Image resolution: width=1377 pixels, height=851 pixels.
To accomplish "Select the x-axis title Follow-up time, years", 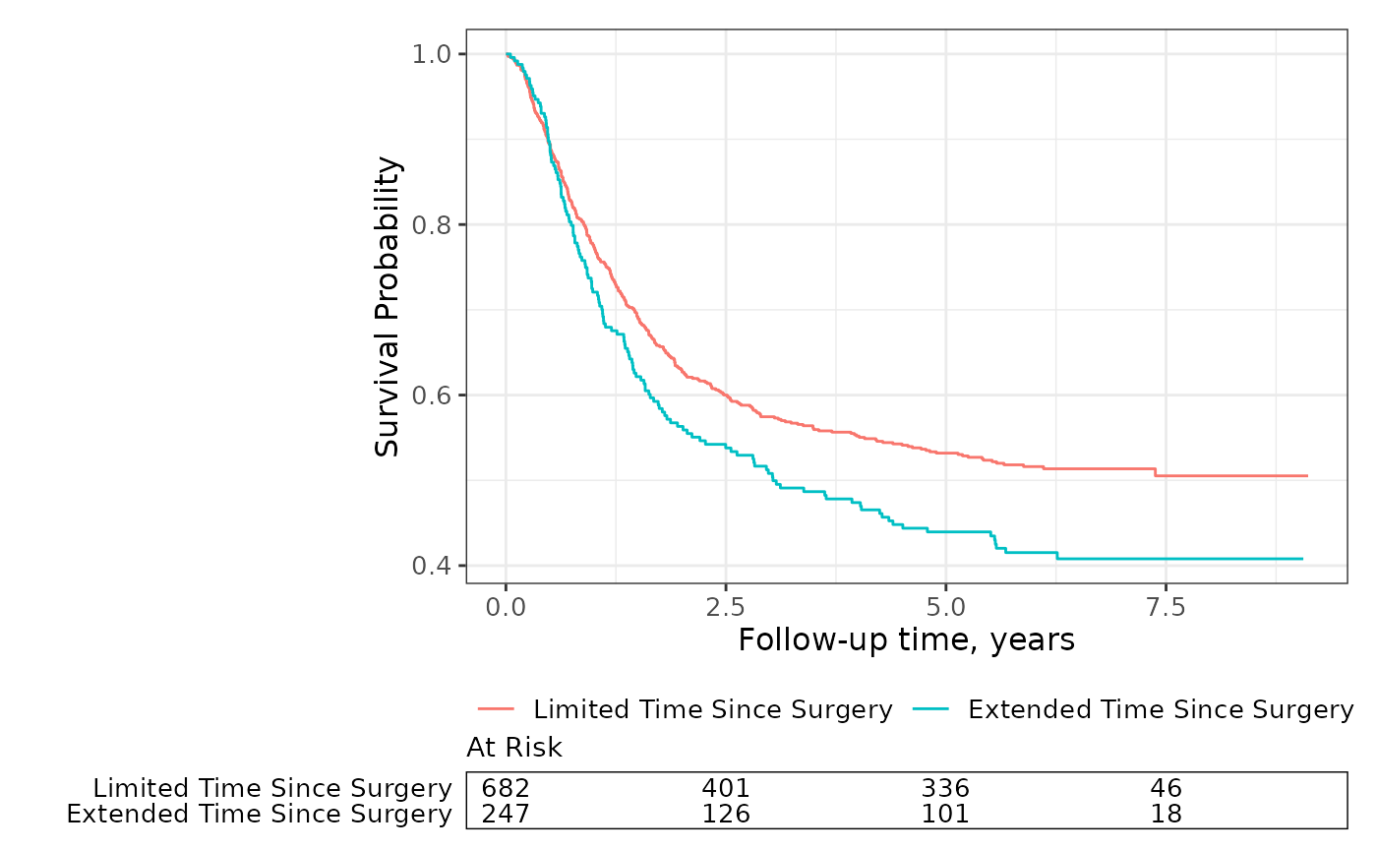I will click(906, 640).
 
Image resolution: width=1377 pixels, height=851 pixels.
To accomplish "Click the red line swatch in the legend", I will click(498, 709).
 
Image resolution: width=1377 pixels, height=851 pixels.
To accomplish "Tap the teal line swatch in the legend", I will click(932, 709).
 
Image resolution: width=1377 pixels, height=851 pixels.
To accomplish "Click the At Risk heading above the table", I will click(514, 749).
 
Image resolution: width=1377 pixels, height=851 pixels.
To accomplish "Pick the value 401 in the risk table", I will click(726, 789).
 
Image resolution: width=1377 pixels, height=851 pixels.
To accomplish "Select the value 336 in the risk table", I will click(945, 789).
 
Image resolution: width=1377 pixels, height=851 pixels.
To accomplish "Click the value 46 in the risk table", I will click(1166, 789).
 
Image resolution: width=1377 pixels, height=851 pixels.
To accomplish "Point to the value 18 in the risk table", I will click(1166, 815).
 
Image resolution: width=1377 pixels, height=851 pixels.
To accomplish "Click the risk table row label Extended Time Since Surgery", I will click(259, 815).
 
